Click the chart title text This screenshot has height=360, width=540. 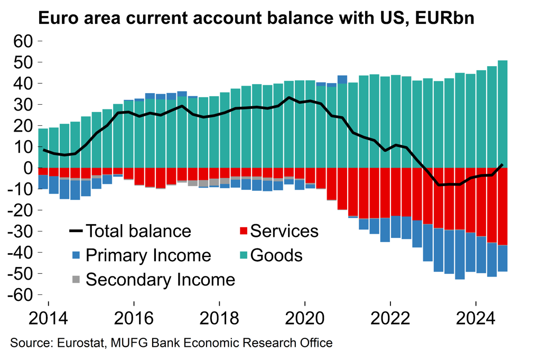256,19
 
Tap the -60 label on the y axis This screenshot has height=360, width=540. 20,295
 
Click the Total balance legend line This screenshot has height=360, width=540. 76,231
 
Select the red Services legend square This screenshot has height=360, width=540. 243,231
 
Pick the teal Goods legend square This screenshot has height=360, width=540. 243,255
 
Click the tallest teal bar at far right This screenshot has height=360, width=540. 503,114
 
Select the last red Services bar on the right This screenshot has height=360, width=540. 503,206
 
